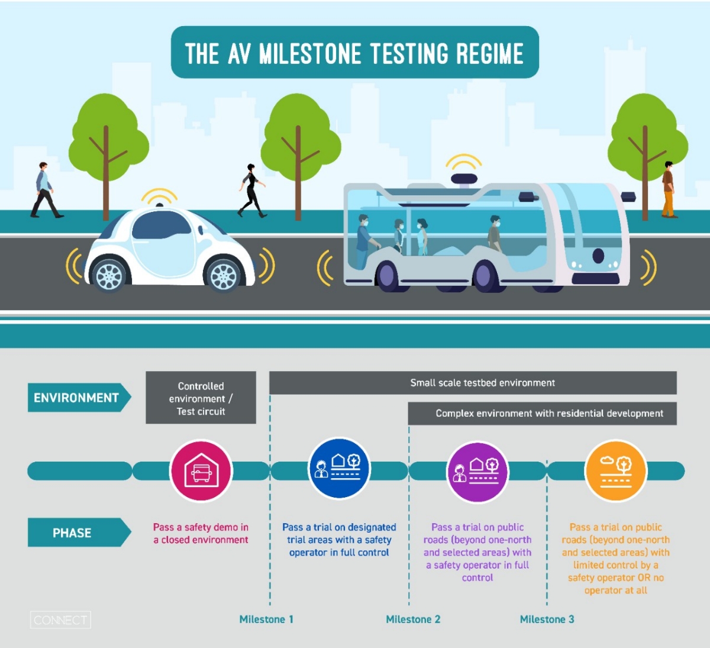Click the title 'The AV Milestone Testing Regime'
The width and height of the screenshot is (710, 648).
point(354,53)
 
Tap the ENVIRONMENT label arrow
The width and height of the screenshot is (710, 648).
point(78,398)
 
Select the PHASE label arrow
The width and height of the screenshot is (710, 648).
point(78,533)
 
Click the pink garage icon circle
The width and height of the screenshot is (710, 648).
point(201,471)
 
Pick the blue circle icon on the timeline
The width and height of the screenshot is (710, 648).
point(340,469)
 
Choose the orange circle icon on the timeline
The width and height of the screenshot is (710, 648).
point(615,471)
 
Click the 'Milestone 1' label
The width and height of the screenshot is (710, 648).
point(266,619)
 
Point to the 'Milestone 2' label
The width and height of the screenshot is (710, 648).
point(413,619)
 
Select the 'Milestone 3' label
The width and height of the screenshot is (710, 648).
point(547,619)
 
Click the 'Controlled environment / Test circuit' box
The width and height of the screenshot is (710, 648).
point(201,398)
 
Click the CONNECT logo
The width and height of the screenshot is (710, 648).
point(60,620)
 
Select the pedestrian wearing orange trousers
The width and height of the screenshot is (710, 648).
point(669,190)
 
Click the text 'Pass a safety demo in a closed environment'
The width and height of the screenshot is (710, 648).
point(201,533)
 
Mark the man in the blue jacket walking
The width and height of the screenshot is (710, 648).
point(44,190)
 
